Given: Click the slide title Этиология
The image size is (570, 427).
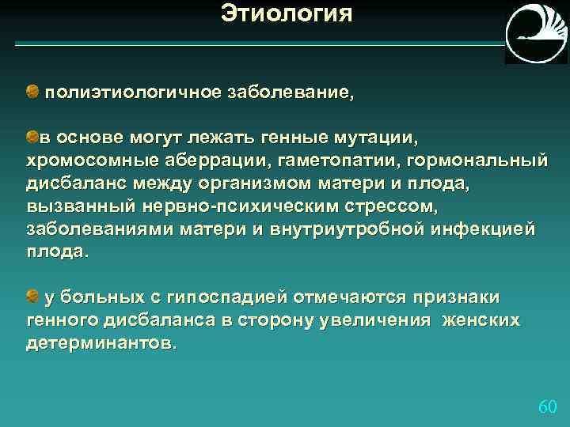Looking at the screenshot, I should pyautogui.click(x=286, y=13).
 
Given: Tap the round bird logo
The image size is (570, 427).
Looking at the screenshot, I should pyautogui.click(x=536, y=33).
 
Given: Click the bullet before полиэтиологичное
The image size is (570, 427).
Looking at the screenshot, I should pyautogui.click(x=32, y=93).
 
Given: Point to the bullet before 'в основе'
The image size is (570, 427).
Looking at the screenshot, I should pyautogui.click(x=32, y=138).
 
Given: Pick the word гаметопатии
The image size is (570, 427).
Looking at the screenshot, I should pyautogui.click(x=340, y=161).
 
